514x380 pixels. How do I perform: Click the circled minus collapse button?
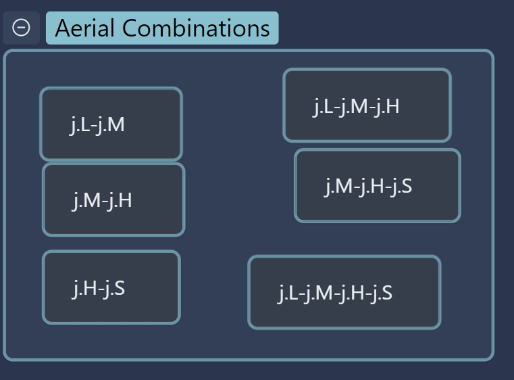pos(22,28)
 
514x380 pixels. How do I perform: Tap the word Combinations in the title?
pos(196,28)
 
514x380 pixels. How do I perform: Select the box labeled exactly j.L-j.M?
pos(111,124)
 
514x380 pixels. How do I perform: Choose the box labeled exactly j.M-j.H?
pos(113,199)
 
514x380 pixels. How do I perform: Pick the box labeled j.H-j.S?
pos(111,287)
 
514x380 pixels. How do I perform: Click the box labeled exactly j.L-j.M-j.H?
pos(367,105)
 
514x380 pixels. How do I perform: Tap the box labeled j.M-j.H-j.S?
pos(378,186)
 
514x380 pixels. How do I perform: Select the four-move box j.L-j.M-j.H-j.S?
pos(344,292)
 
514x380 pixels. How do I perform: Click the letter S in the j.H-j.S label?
pos(120,288)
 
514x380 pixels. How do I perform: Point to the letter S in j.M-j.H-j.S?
pos(407,186)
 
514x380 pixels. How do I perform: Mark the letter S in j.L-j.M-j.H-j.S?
pos(387,293)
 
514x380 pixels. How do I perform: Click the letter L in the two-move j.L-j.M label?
pos(84,124)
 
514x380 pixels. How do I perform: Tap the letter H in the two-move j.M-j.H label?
pos(126,200)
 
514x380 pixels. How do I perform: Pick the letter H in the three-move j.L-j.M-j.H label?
pos(393,106)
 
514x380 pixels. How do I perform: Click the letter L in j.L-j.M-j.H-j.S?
pos(293,293)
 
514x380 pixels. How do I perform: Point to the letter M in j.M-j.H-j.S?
pos(344,186)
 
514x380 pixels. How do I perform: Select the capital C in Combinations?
pos(130,28)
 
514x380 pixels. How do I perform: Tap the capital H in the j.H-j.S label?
pos(89,288)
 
